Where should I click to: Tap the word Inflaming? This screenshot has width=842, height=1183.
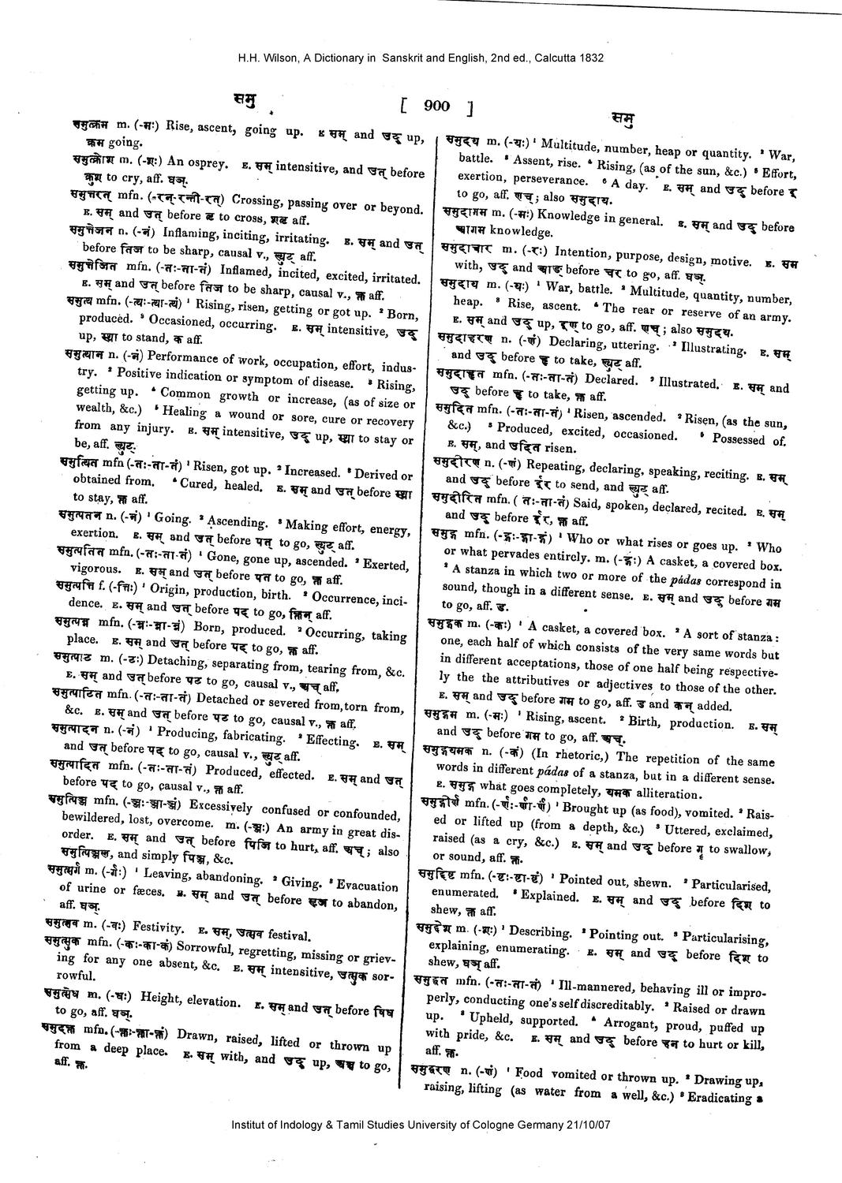[189, 234]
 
